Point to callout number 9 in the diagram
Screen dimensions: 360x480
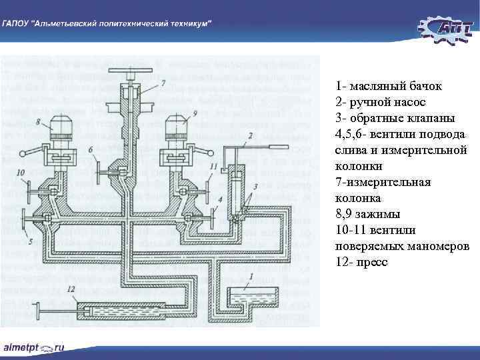[194, 113]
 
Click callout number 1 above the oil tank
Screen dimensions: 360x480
[251, 275]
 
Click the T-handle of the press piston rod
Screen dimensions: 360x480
[37, 311]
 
